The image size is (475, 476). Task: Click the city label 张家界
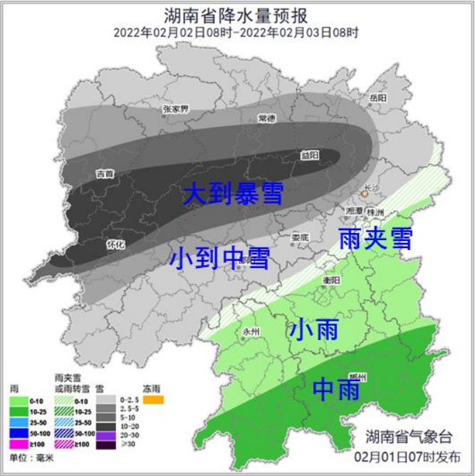click(175, 109)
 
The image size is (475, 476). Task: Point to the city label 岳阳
click(377, 98)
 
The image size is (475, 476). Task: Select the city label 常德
click(267, 118)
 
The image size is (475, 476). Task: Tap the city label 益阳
click(310, 155)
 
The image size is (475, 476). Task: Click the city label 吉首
click(105, 173)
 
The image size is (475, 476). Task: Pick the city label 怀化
click(115, 244)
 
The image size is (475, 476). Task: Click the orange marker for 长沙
click(365, 192)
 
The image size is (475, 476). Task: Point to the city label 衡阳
click(331, 280)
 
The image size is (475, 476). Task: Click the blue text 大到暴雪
click(233, 194)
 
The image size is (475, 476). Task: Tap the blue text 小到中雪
click(220, 257)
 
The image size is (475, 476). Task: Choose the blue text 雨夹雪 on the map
click(375, 238)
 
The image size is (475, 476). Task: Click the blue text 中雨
click(337, 390)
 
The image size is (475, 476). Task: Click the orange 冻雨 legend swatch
click(153, 400)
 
